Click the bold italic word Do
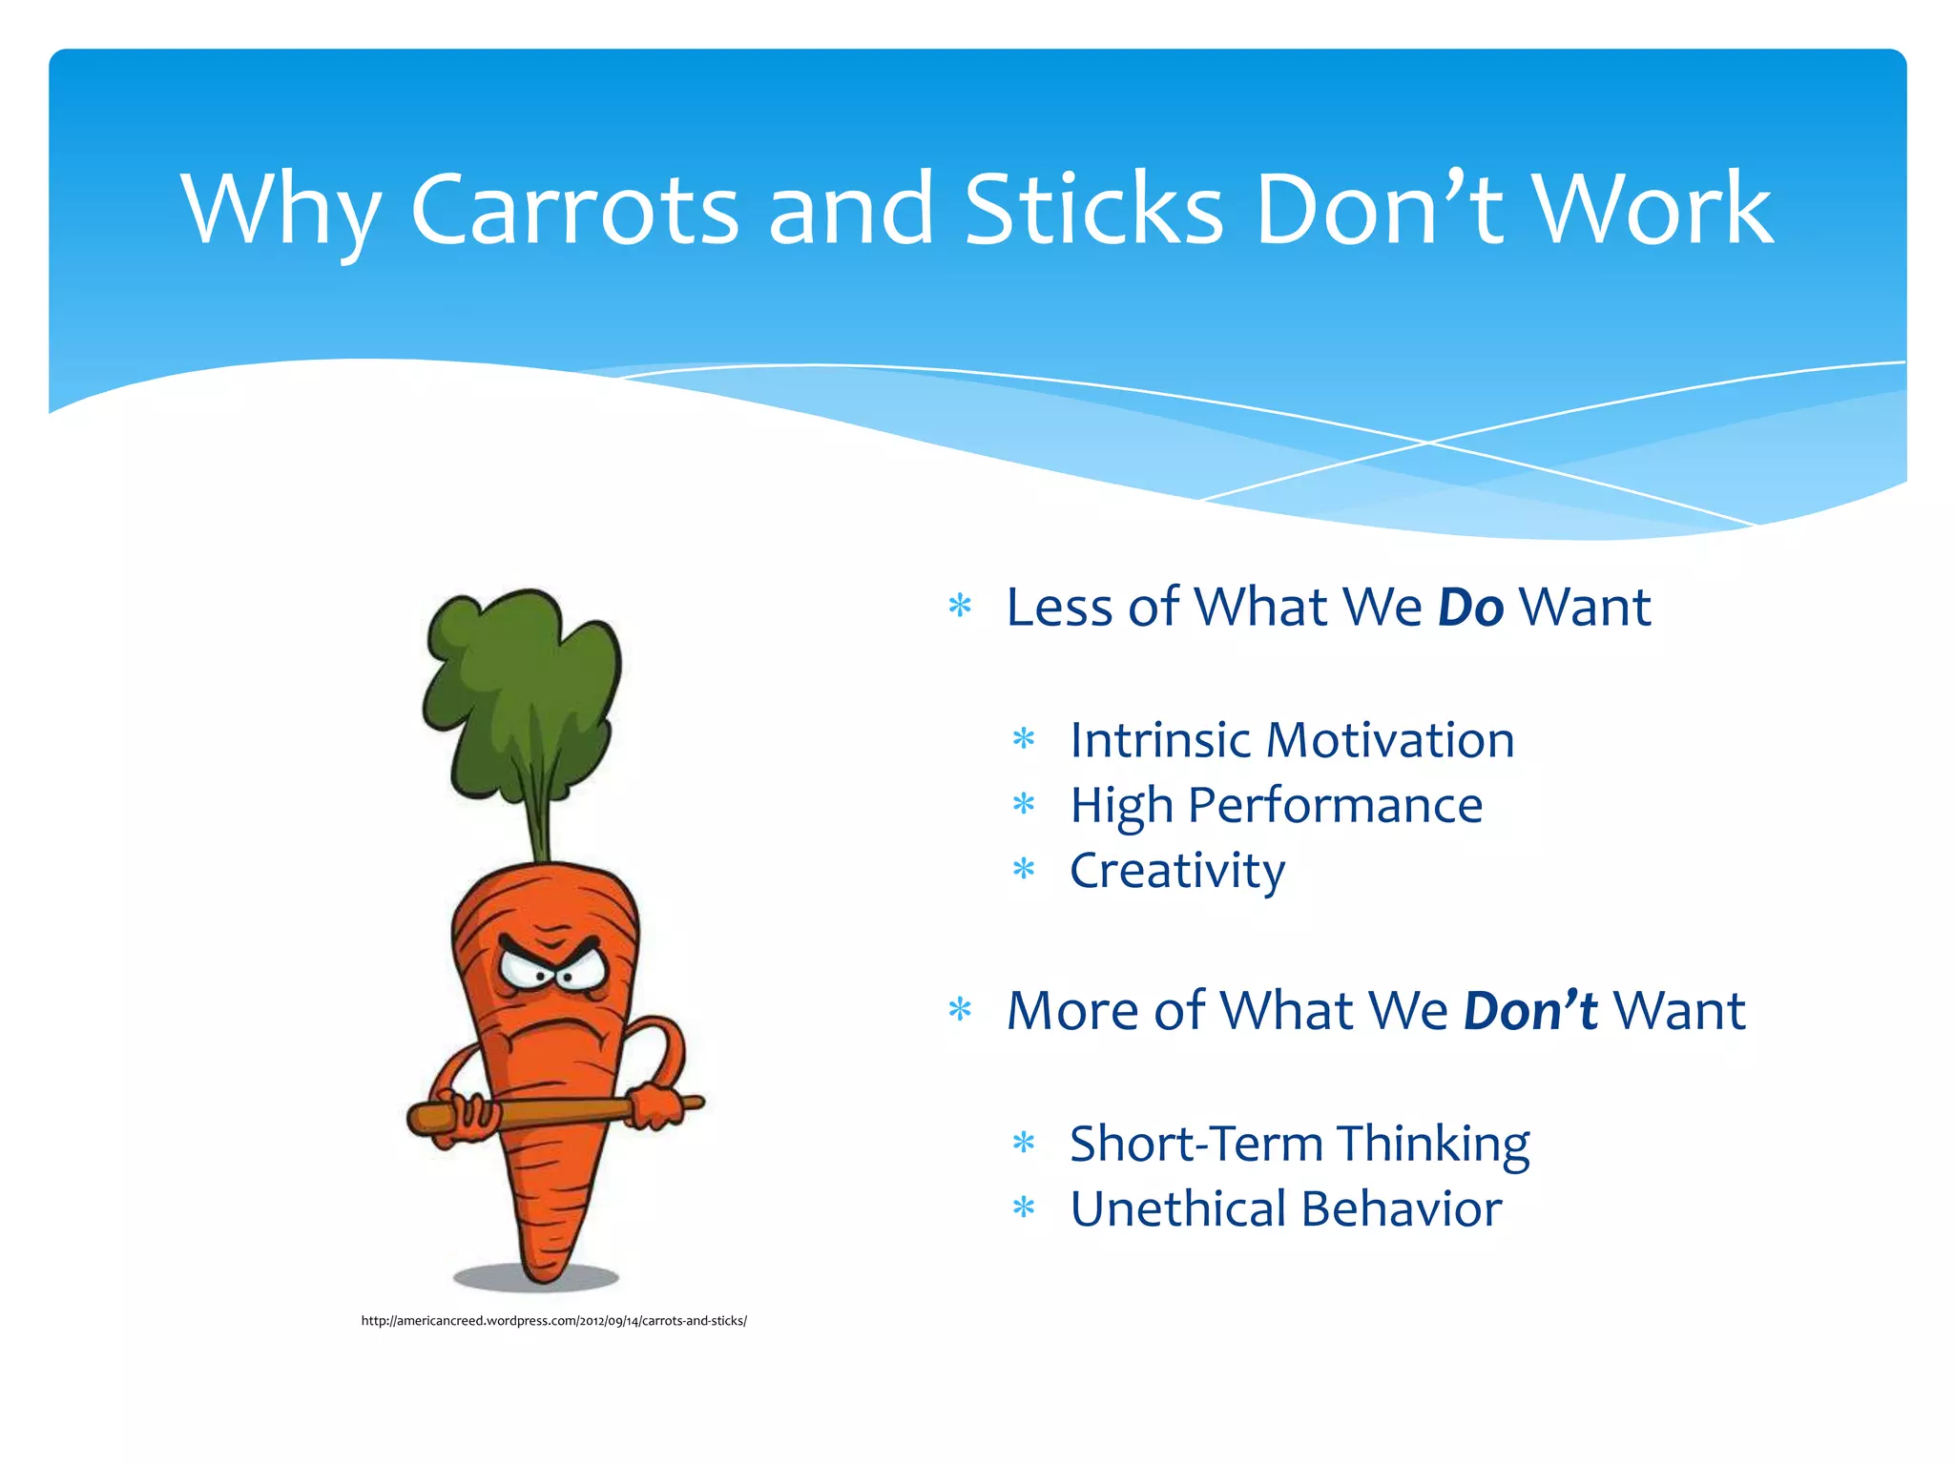click(1470, 608)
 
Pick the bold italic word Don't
click(1529, 1011)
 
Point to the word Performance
click(1335, 806)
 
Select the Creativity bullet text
click(1176, 871)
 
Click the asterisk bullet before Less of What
click(960, 606)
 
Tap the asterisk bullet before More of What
click(960, 1009)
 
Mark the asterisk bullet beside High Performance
click(1024, 804)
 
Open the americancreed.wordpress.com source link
click(553, 1321)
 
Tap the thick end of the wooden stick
click(429, 1117)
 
